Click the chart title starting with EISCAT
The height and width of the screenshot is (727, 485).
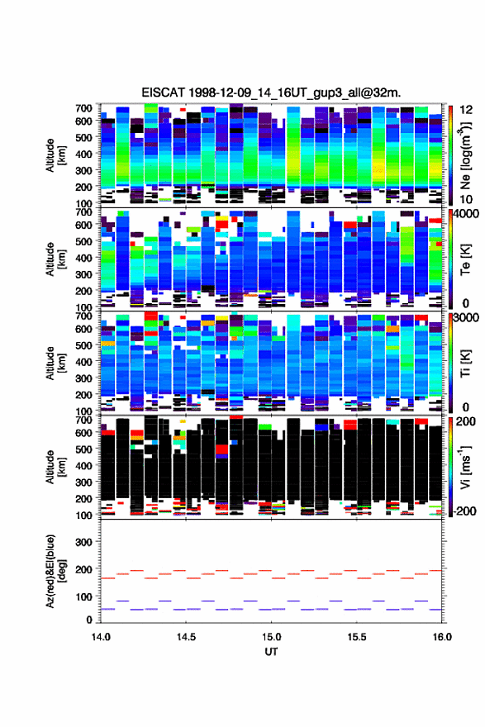tap(271, 93)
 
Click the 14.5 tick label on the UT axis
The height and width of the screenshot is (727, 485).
tap(186, 637)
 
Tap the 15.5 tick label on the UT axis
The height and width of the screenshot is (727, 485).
tap(357, 637)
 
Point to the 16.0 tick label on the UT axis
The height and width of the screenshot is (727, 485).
tap(442, 637)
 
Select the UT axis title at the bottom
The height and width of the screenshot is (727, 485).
tap(271, 652)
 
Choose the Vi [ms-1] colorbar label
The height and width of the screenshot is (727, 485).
tap(466, 467)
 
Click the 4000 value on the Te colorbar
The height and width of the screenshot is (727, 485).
tap(466, 214)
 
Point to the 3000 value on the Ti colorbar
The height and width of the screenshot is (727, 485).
tap(466, 318)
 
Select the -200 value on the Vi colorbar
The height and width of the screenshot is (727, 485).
tap(464, 511)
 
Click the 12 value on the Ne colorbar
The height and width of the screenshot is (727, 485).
tap(466, 110)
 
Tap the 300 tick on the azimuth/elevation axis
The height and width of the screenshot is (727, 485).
tap(83, 542)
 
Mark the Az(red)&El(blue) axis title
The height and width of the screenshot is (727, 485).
tap(55, 571)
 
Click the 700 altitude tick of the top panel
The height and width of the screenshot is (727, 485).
tap(83, 108)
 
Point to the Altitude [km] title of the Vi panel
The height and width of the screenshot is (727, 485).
tap(55, 467)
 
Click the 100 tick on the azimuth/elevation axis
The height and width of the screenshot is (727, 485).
tap(83, 596)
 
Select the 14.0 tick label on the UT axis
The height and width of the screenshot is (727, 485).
tap(101, 637)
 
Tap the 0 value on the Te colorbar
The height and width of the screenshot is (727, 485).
tap(466, 303)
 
